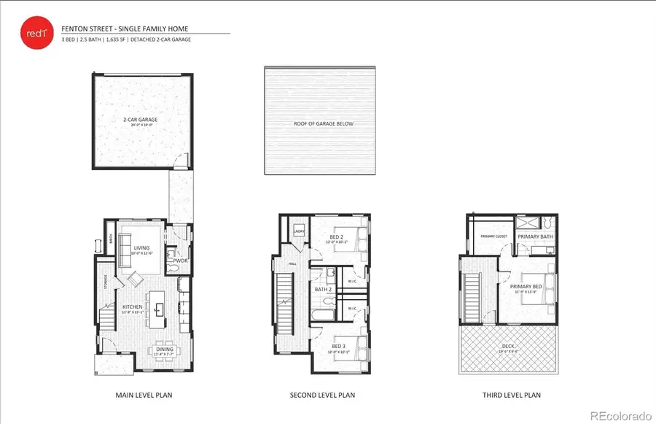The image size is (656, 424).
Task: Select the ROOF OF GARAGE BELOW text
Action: click(323, 124)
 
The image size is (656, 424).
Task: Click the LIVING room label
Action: click(141, 248)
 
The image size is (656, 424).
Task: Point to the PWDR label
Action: click(180, 259)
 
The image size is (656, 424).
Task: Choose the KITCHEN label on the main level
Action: click(132, 307)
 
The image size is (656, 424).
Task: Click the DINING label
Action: click(165, 350)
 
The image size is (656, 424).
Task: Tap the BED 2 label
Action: click(337, 237)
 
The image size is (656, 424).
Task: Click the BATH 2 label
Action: click(322, 290)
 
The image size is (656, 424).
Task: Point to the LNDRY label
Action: click(298, 232)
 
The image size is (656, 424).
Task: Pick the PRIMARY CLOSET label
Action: click(493, 236)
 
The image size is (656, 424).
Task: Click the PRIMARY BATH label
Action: click(535, 236)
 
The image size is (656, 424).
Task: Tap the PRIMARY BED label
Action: click(526, 287)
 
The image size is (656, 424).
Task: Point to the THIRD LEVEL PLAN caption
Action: click(512, 395)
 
